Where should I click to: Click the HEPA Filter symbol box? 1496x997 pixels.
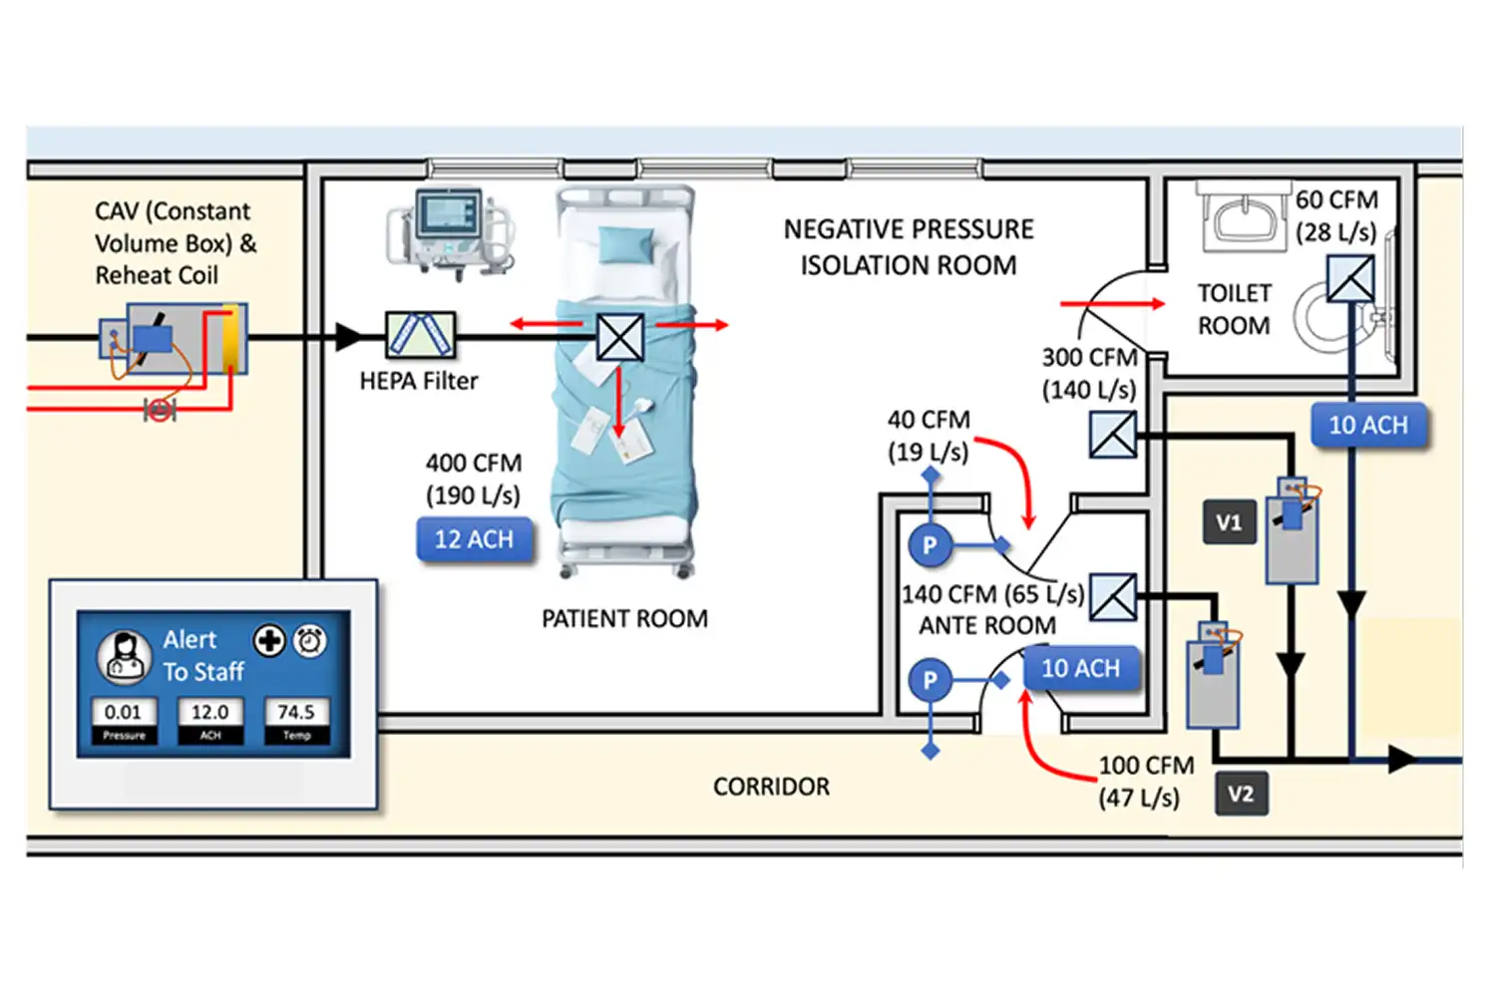point(420,335)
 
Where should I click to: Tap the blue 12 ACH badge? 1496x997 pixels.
point(474,539)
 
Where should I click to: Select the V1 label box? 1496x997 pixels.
point(1229,522)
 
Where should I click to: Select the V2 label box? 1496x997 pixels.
point(1241,794)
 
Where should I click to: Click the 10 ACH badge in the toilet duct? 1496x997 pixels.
point(1368,426)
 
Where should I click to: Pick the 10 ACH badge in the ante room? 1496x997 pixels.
point(1080,669)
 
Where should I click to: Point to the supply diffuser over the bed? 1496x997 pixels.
point(619,337)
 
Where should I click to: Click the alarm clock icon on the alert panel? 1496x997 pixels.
point(310,641)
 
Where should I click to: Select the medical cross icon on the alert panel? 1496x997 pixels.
point(269,641)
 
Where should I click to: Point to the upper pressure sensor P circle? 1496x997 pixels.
point(930,545)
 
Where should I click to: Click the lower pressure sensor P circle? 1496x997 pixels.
point(930,681)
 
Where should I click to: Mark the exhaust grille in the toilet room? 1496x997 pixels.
point(1350,279)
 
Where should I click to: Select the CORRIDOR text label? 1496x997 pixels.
point(771,787)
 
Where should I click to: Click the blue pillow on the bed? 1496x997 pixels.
point(626,243)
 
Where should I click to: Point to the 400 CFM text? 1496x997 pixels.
point(474,463)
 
